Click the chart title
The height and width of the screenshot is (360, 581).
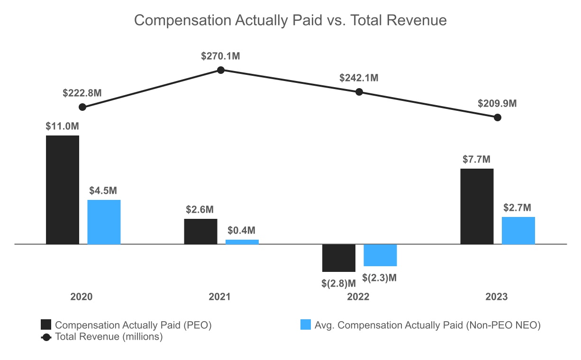290,20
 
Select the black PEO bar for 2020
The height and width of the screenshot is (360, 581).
63,189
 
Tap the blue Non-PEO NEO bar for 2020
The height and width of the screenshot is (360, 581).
104,222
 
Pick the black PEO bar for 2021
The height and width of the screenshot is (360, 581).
200,231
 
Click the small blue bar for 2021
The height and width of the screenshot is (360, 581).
242,242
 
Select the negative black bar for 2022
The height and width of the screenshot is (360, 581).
339,258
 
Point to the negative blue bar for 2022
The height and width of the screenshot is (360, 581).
380,255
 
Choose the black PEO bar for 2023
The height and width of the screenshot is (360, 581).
477,206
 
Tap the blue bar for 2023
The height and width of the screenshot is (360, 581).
518,230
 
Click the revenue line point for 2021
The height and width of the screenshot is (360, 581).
221,70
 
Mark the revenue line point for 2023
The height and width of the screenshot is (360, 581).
497,117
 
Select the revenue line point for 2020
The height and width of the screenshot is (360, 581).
82,107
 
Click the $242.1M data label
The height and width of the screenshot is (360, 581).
359,78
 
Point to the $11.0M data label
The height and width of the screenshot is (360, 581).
62,126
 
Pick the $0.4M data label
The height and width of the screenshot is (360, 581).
242,231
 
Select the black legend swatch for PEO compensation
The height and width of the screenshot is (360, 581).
46,325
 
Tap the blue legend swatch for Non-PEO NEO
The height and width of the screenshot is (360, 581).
306,325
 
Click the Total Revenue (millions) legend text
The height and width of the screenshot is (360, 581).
109,337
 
